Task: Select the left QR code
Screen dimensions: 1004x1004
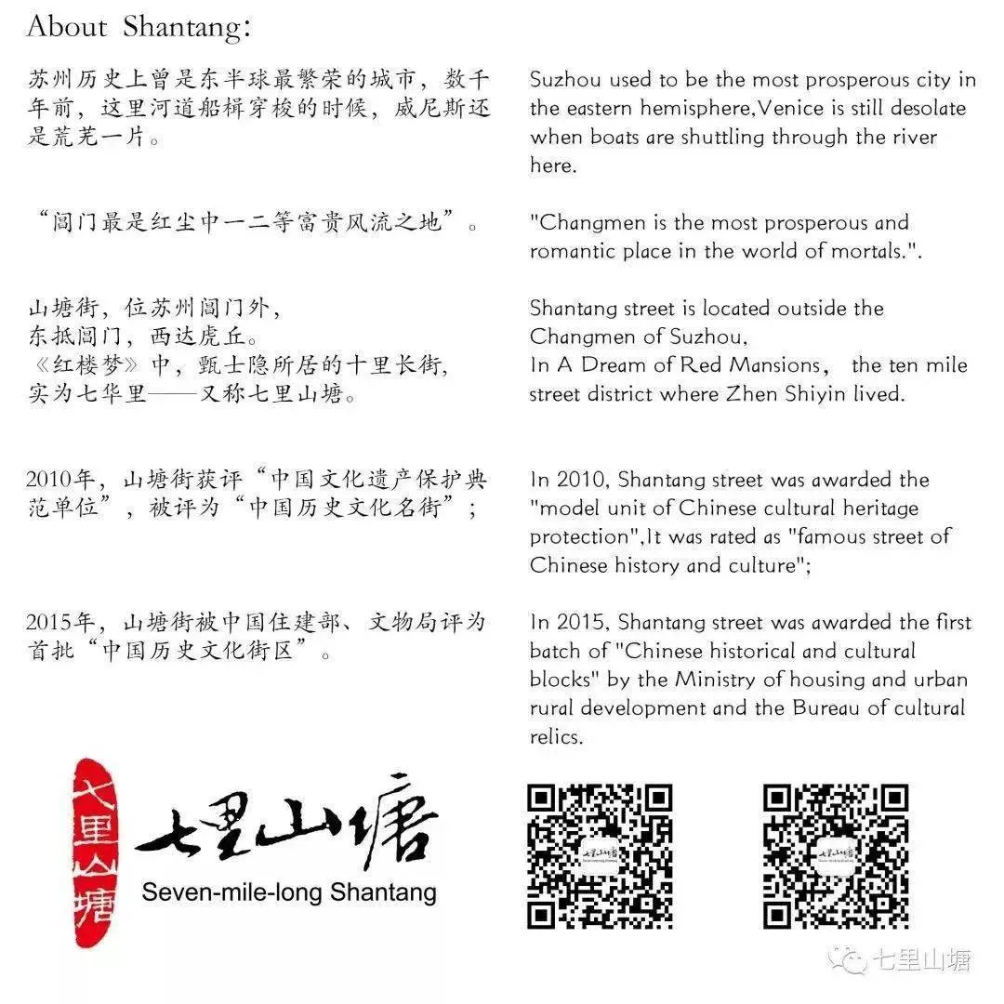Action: click(x=600, y=856)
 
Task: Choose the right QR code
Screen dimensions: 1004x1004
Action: click(x=836, y=856)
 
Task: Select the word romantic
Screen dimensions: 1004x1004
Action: click(x=571, y=251)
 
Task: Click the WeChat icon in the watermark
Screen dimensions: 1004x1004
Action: click(x=847, y=959)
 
